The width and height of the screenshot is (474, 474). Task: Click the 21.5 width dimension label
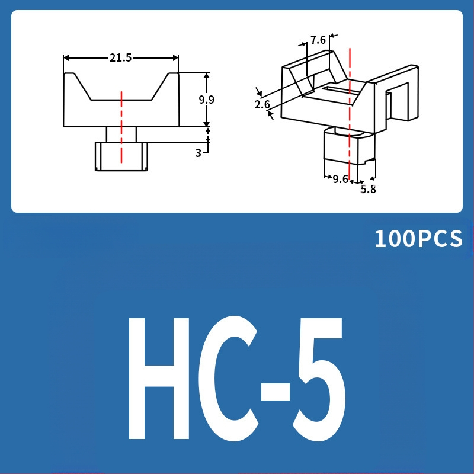pyautogui.click(x=120, y=57)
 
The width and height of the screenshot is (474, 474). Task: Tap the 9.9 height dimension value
pyautogui.click(x=206, y=100)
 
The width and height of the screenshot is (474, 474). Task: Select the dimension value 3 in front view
pyautogui.click(x=198, y=153)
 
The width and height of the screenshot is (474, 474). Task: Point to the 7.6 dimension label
pyautogui.click(x=318, y=40)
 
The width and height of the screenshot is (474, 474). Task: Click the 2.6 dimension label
pyautogui.click(x=262, y=105)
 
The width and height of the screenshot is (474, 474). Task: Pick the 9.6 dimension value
pyautogui.click(x=340, y=179)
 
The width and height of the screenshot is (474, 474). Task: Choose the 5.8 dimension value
pyautogui.click(x=368, y=190)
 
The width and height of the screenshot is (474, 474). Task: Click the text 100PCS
pyautogui.click(x=418, y=239)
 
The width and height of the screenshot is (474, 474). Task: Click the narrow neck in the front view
pyautogui.click(x=121, y=134)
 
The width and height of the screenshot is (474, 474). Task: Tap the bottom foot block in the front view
pyautogui.click(x=121, y=156)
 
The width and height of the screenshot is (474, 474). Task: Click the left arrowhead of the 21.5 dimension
pyautogui.click(x=66, y=57)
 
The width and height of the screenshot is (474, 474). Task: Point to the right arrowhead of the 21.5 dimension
pyautogui.click(x=175, y=57)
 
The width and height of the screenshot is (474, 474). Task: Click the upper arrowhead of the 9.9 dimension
pyautogui.click(x=206, y=76)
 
